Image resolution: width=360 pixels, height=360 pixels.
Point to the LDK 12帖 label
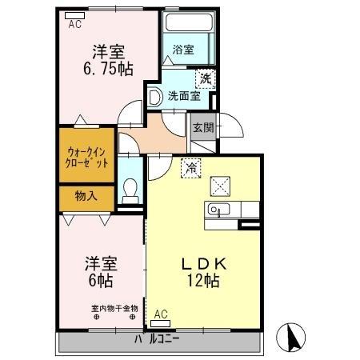(204, 271)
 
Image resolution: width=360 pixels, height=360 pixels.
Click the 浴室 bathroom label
(183, 49)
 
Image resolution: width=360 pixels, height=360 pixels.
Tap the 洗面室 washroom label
(183, 96)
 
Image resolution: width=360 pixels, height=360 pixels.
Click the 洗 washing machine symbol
(206, 78)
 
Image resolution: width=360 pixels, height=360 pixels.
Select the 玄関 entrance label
(203, 126)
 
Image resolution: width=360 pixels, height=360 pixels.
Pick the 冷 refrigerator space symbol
(191, 167)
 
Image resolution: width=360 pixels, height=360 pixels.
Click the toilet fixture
(130, 190)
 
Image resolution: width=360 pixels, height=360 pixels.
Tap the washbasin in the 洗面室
(155, 97)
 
